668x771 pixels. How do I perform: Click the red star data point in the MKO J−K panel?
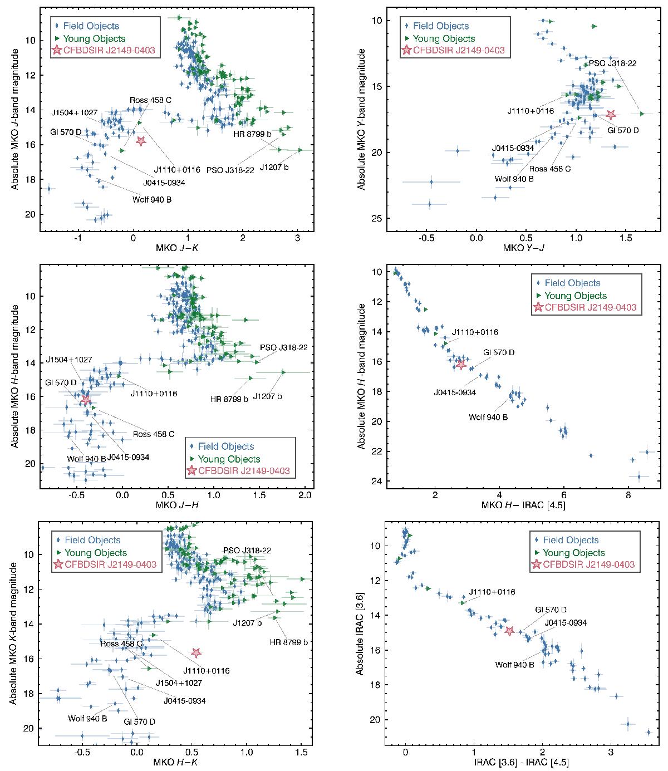(140, 141)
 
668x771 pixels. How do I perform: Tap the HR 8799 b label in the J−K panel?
(252, 134)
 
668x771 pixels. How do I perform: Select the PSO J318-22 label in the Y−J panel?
(612, 63)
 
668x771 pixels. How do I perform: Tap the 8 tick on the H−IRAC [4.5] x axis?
(628, 495)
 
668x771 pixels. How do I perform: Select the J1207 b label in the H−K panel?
(247, 622)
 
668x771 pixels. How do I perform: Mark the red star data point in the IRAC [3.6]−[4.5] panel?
(509, 631)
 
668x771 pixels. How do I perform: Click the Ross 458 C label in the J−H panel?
(153, 434)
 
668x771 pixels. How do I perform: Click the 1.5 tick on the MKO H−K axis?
(301, 752)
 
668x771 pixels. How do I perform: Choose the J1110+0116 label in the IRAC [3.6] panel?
(492, 592)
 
